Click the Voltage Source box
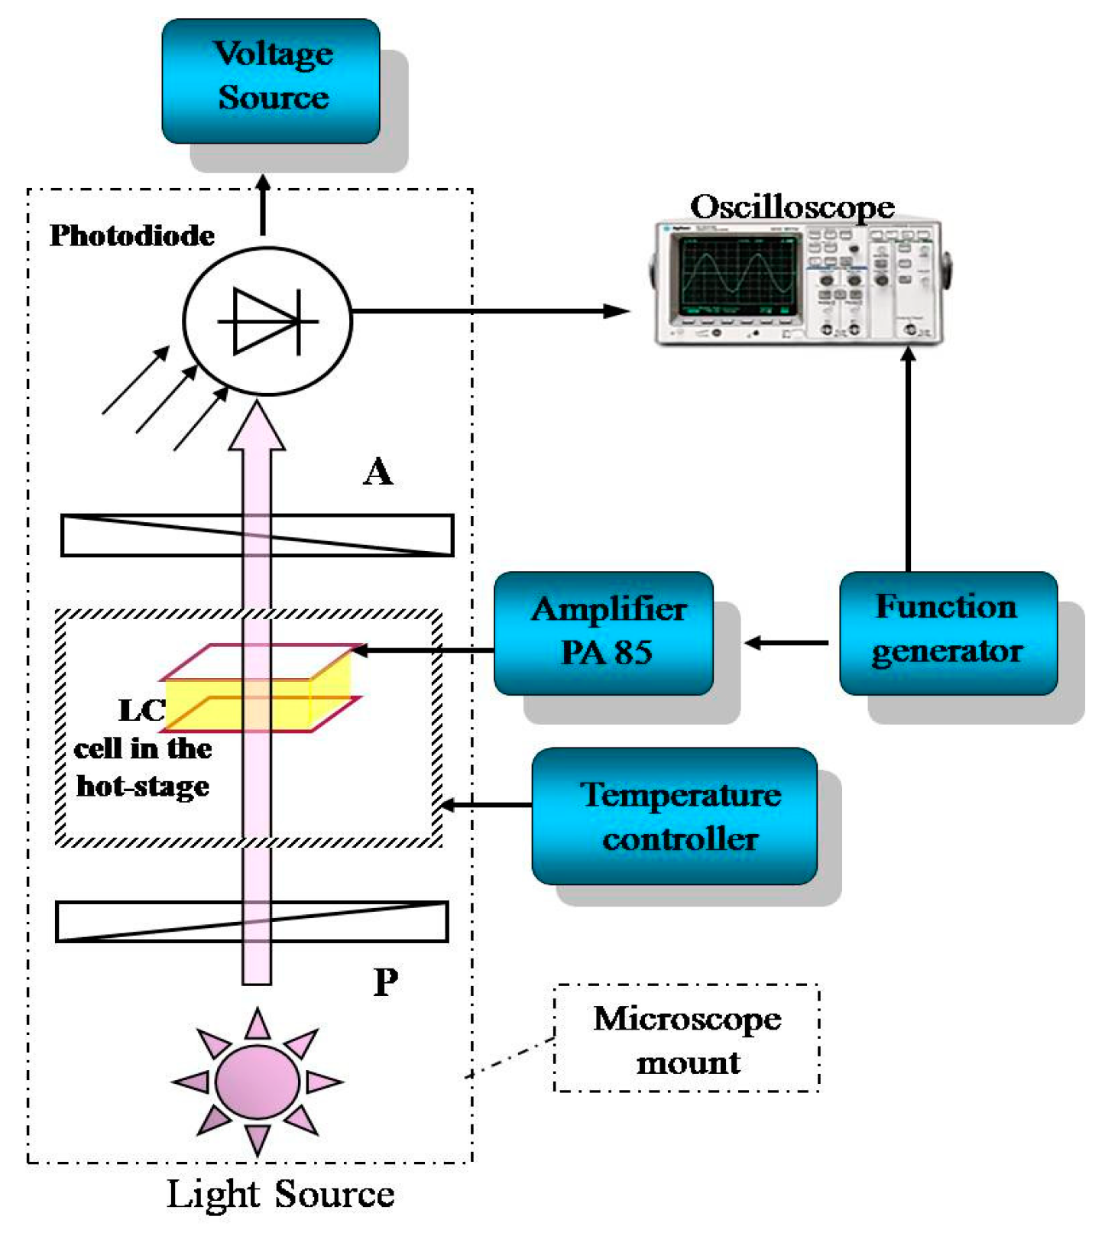tap(271, 81)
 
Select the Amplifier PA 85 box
tap(604, 633)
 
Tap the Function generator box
tap(948, 633)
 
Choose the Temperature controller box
tap(675, 816)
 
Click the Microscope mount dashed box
tap(687, 1038)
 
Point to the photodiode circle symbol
tap(267, 321)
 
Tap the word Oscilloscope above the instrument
tap(792, 206)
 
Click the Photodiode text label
tap(132, 235)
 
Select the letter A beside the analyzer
tap(378, 472)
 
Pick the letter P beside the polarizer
tap(386, 982)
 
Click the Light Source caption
tap(280, 1195)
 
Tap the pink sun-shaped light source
tap(258, 1082)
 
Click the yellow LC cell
tap(258, 688)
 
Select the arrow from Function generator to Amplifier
tap(786, 643)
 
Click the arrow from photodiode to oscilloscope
tap(491, 311)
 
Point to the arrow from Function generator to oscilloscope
tap(908, 459)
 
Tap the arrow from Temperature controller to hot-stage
tap(487, 805)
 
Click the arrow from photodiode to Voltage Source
tap(263, 205)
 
